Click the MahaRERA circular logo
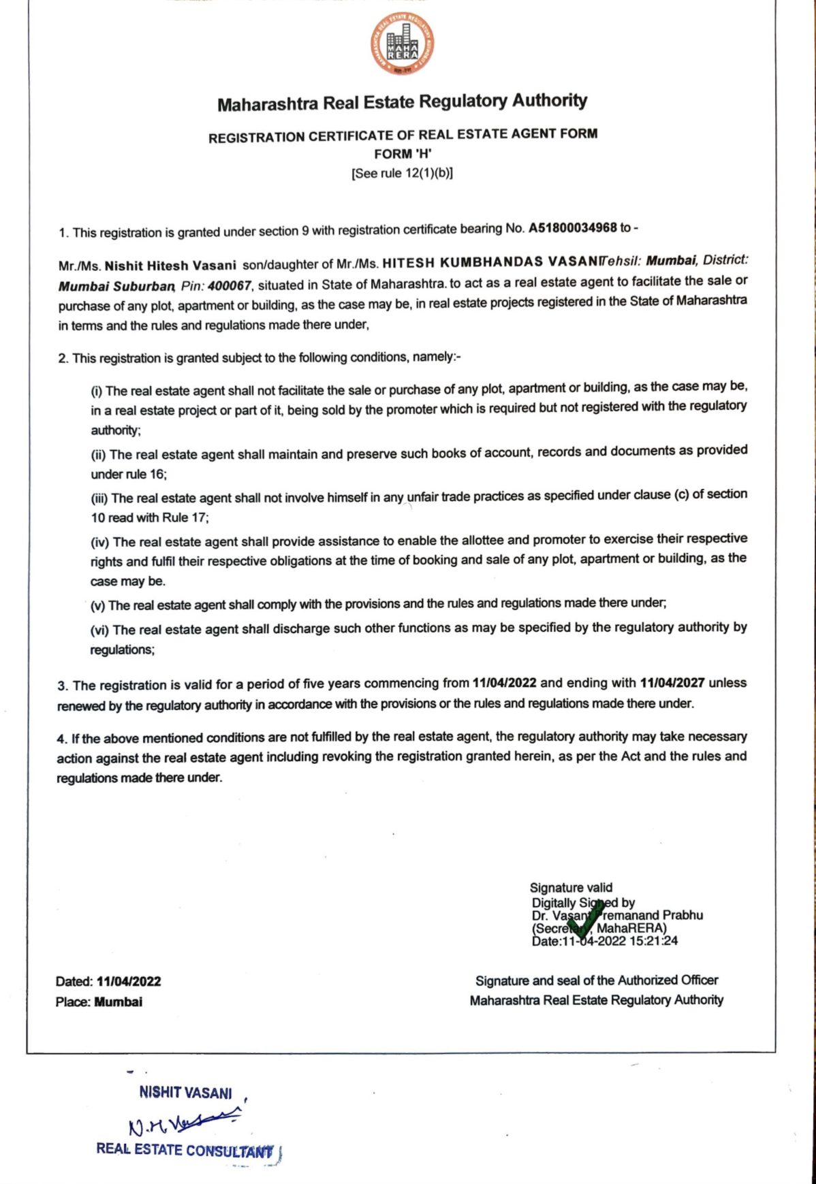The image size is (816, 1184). point(403,44)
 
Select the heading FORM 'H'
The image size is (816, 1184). point(403,154)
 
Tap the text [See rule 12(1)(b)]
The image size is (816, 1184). point(402,173)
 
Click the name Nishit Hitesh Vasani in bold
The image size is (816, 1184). point(170,266)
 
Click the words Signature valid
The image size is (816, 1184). point(571,887)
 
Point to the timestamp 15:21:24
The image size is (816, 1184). point(653,941)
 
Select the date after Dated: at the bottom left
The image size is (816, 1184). point(129,981)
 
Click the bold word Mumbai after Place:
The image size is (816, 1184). point(119,1002)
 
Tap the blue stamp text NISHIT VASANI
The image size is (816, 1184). point(185,1093)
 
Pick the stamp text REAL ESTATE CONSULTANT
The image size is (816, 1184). point(185,1150)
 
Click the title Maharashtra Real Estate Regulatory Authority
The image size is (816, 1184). point(402,103)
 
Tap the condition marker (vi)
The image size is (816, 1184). point(100,630)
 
